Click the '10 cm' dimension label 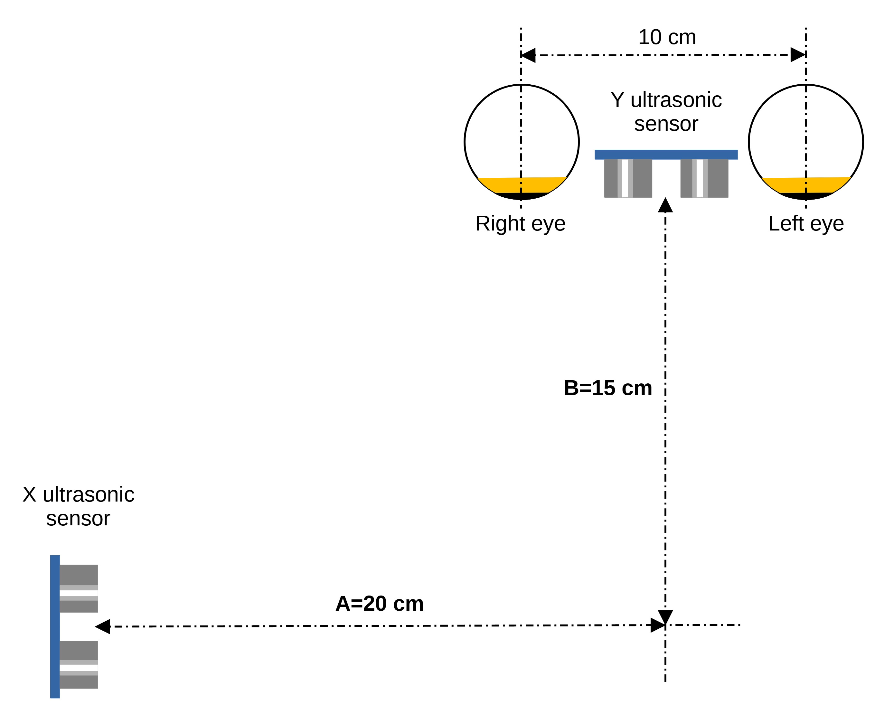click(x=667, y=37)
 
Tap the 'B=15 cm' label click(x=607, y=388)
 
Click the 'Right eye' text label click(x=520, y=224)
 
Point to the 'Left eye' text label click(x=806, y=224)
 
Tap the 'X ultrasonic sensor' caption click(x=78, y=506)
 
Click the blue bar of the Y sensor click(x=666, y=154)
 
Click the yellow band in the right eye click(x=522, y=185)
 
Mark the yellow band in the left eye click(x=806, y=185)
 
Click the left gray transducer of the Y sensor click(x=628, y=178)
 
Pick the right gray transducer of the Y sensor click(x=704, y=178)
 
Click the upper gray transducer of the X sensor click(x=79, y=588)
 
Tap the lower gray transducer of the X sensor click(x=79, y=665)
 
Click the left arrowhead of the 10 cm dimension click(x=528, y=55)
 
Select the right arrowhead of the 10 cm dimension click(x=798, y=55)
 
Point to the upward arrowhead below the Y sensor click(x=665, y=205)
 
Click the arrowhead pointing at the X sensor click(x=102, y=626)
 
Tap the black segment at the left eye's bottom click(x=806, y=196)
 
